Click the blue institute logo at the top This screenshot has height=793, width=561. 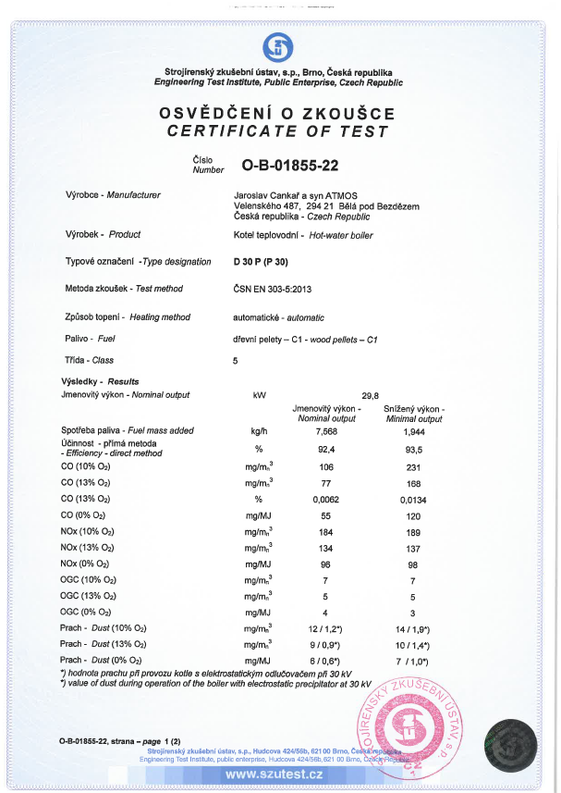278,46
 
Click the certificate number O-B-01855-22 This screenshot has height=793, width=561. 290,166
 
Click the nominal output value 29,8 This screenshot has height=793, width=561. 371,394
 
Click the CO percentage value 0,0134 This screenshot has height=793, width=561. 414,498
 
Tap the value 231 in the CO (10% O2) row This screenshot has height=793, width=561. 414,466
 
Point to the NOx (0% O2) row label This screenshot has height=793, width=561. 85,564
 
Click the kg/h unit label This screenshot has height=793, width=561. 259,430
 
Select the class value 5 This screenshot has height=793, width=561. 236,360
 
